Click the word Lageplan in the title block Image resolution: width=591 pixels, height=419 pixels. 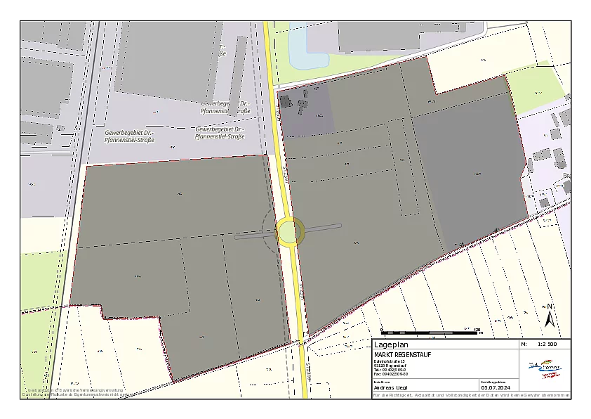click(x=391, y=345)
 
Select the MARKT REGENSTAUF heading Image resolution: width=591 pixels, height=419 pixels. click(x=403, y=354)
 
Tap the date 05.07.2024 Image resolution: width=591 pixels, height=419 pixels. click(x=495, y=387)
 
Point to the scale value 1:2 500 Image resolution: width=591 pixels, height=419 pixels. click(x=547, y=345)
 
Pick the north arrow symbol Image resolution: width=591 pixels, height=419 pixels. click(x=550, y=317)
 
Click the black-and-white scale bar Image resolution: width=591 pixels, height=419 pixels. click(x=429, y=332)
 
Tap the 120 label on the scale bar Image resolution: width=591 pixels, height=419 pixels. click(x=477, y=328)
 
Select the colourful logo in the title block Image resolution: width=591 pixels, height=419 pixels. click(x=543, y=368)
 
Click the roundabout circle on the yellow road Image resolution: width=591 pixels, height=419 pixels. click(x=290, y=231)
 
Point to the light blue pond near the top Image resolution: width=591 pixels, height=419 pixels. click(x=297, y=49)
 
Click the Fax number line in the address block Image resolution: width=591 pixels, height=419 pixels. click(x=391, y=374)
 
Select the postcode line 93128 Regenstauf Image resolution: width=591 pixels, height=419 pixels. click(x=391, y=366)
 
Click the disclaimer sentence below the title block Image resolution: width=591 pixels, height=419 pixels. click(x=470, y=395)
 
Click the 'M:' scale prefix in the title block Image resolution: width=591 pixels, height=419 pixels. click(x=524, y=345)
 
